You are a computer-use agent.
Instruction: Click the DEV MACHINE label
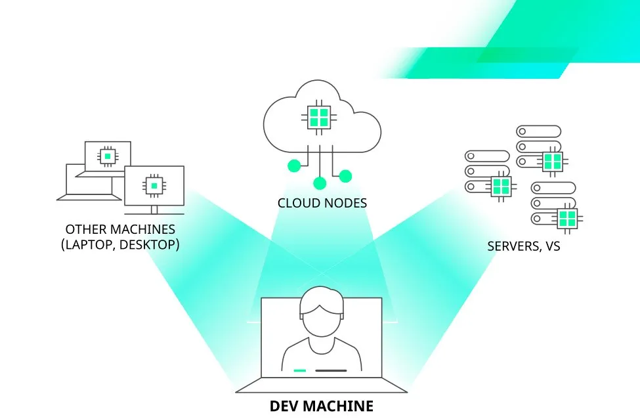[321, 406]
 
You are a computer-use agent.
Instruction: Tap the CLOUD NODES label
[322, 203]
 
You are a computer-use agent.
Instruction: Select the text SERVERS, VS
[524, 247]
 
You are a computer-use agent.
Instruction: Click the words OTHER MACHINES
[120, 229]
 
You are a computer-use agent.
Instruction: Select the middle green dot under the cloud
[320, 183]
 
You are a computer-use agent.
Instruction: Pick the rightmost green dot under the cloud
[345, 175]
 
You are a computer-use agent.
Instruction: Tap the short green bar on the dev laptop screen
[300, 370]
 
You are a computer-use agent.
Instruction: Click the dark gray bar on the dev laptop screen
[331, 370]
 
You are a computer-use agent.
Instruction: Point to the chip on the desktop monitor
[154, 186]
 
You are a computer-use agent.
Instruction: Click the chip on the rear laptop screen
[106, 156]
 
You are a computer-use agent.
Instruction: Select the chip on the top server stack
[553, 161]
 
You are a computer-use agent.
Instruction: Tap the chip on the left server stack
[501, 186]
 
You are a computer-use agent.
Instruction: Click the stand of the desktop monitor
[154, 209]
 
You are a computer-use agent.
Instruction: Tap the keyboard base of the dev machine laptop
[321, 388]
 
